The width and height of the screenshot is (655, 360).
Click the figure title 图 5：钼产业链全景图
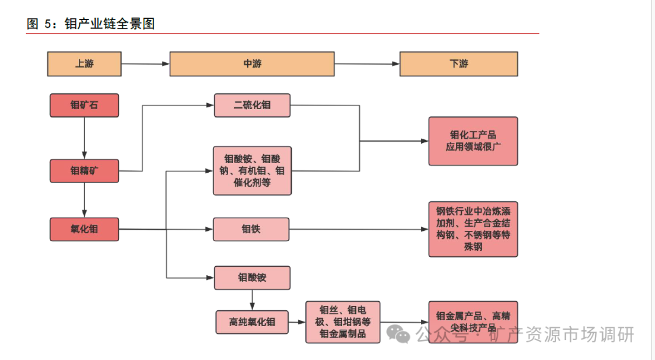coord(91,24)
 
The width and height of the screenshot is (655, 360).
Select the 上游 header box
coord(84,64)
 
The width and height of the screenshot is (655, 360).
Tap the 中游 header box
coord(252,64)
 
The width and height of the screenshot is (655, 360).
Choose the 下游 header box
coord(458,64)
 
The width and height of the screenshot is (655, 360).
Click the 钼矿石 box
coord(84,105)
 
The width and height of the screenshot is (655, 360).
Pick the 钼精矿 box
coord(84,170)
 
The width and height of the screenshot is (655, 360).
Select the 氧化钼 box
coord(84,229)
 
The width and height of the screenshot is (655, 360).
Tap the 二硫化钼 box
coord(252,105)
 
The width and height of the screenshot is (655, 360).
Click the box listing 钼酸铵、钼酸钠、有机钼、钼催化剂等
coord(252,170)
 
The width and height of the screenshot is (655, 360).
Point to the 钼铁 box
coord(251,229)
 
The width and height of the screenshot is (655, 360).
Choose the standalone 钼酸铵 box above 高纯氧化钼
coord(252,278)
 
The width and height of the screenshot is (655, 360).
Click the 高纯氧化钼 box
coord(252,322)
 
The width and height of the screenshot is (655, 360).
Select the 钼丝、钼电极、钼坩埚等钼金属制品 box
coord(343,322)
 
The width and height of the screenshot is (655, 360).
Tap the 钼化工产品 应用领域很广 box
coord(473,141)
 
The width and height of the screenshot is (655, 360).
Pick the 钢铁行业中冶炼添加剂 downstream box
coord(473,229)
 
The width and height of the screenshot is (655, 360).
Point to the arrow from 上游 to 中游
coord(145,64)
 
